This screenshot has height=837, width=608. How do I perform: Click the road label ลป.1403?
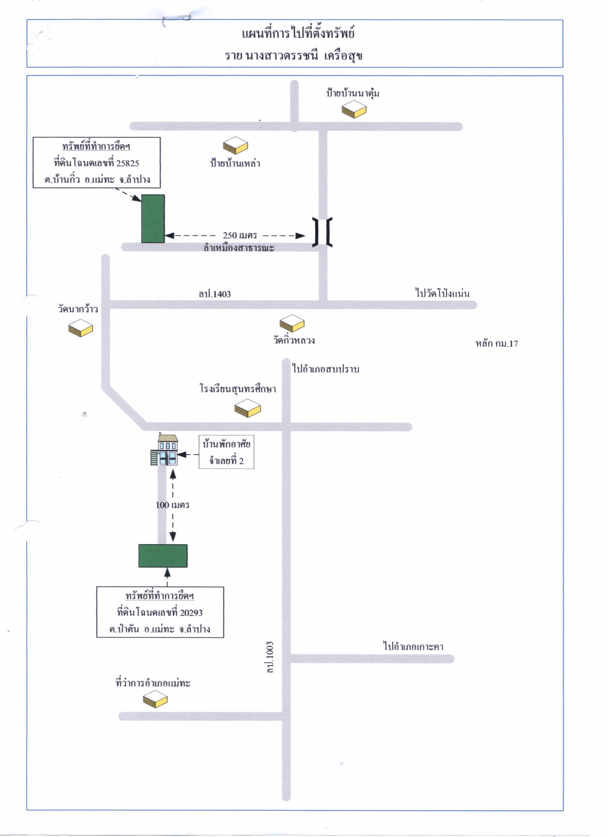215,294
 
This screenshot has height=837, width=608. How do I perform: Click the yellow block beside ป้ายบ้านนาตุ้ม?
354,110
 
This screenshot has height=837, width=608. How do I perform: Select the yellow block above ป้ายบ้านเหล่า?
236,145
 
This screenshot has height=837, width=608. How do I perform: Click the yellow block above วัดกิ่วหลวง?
292,324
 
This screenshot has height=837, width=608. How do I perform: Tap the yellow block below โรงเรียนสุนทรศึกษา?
248,408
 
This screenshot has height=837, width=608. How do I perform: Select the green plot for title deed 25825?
153,219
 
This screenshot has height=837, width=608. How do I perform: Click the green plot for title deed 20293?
163,556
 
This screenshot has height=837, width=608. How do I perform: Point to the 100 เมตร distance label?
173,505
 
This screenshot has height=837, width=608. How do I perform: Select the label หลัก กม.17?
497,344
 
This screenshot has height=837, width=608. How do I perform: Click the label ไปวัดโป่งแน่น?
443,293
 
